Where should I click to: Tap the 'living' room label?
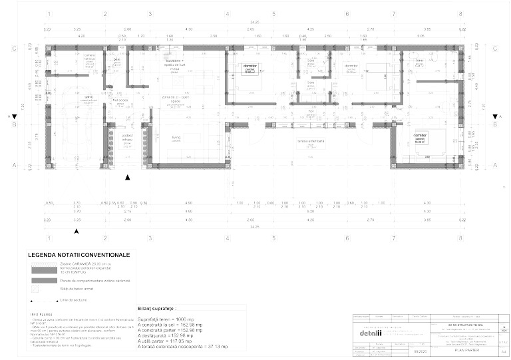[176, 137]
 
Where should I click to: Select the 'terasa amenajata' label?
[310, 141]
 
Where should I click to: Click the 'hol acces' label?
[120, 100]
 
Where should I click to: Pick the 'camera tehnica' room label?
[90, 57]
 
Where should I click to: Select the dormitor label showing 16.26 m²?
[419, 136]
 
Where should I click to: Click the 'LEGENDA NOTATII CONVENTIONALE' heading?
[79, 255]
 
